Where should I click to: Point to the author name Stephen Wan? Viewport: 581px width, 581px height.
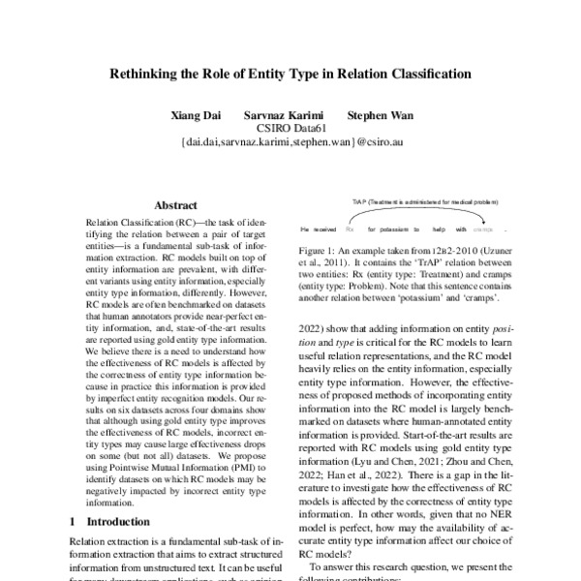point(380,115)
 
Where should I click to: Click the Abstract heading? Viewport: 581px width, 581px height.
point(175,205)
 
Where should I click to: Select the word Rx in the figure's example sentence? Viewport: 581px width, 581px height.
point(350,230)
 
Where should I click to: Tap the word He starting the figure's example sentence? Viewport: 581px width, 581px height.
point(304,230)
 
